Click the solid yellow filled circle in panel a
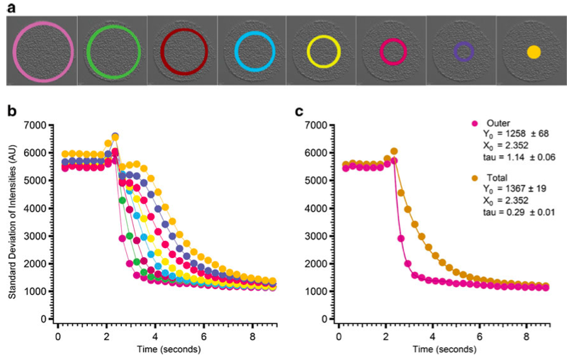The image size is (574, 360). tap(534, 52)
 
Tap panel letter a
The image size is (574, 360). tap(11, 8)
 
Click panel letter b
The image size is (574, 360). tap(12, 111)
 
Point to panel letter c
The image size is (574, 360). tap(299, 111)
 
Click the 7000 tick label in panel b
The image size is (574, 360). tap(36, 125)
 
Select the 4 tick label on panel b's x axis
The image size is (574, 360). tap(155, 337)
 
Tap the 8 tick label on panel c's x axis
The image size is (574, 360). tap(526, 337)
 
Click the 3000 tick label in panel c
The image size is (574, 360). tap(317, 236)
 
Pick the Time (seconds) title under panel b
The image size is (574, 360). tap(169, 349)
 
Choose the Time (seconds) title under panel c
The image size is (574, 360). tap(444, 349)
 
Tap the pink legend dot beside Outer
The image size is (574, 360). tap(475, 123)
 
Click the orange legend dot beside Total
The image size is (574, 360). tap(475, 178)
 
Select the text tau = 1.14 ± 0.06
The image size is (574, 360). tap(519, 157)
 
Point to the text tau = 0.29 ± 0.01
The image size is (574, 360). tap(519, 212)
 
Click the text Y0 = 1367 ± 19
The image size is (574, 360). tap(514, 189)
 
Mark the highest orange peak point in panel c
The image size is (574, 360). tap(394, 151)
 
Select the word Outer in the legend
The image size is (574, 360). tap(498, 123)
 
